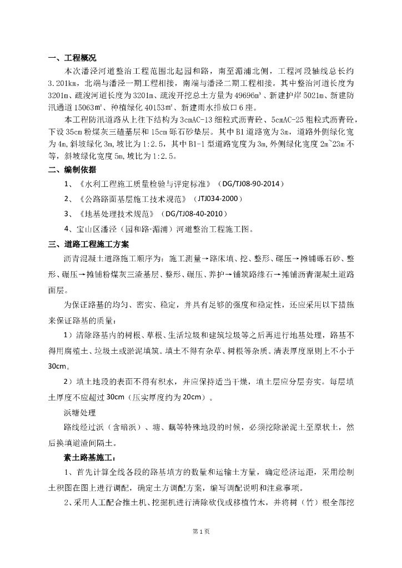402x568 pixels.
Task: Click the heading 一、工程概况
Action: pos(72,57)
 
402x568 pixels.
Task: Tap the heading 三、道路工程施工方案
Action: pos(88,244)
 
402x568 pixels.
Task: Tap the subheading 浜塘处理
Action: pos(81,413)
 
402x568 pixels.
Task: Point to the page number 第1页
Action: pos(201,531)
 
